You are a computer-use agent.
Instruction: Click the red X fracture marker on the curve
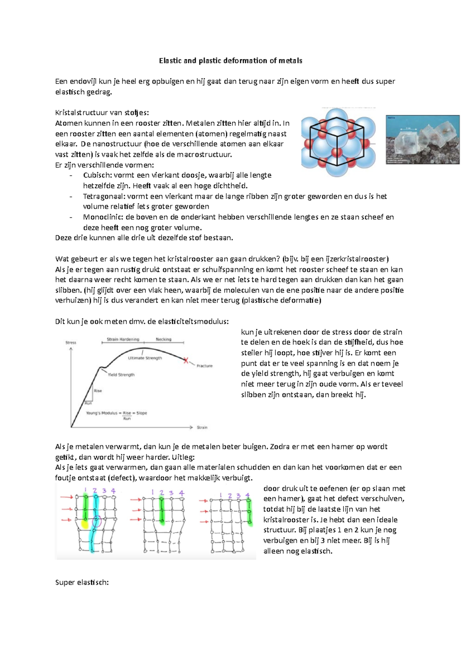pyautogui.click(x=186, y=360)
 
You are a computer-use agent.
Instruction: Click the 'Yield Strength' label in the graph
pyautogui.click(x=121, y=375)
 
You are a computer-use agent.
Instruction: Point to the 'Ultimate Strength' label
pyautogui.click(x=145, y=358)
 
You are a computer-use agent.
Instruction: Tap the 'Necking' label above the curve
pyautogui.click(x=164, y=339)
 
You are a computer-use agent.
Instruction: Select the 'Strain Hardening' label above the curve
pyautogui.click(x=123, y=339)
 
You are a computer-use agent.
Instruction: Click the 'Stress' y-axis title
pyautogui.click(x=71, y=342)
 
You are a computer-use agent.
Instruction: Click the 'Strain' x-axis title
pyautogui.click(x=202, y=427)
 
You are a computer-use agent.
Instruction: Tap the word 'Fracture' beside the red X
pyautogui.click(x=204, y=366)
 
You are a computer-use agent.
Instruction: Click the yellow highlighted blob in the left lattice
pyautogui.click(x=85, y=523)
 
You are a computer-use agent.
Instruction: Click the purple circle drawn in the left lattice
pyautogui.click(x=96, y=522)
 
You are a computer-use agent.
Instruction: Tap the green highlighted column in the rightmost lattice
pyautogui.click(x=249, y=511)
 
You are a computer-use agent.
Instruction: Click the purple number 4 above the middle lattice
pyautogui.click(x=182, y=493)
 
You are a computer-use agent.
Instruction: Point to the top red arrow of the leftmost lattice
pyautogui.click(x=66, y=497)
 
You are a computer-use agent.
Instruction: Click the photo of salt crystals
pyautogui.click(x=423, y=139)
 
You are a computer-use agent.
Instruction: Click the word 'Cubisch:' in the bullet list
pyautogui.click(x=98, y=175)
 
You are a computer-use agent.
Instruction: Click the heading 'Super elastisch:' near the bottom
pyautogui.click(x=82, y=582)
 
